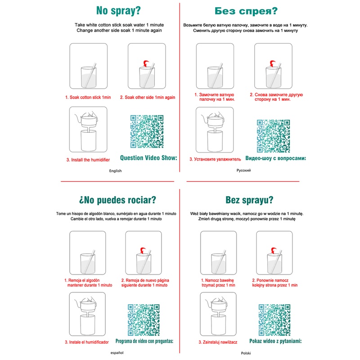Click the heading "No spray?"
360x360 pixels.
point(118,11)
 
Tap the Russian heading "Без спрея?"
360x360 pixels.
point(246,11)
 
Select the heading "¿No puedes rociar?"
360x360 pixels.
point(117,200)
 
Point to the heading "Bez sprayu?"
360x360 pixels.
point(249,200)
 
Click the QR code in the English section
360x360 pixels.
point(147,131)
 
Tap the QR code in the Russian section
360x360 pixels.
point(273,136)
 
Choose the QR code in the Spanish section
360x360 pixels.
point(144,320)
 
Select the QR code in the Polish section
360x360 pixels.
point(274,320)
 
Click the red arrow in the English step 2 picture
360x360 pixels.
point(146,63)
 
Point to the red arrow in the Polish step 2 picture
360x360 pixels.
point(274,250)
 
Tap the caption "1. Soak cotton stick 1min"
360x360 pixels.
point(88,97)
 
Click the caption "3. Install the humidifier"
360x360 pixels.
point(88,160)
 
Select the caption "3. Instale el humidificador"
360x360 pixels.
point(86,342)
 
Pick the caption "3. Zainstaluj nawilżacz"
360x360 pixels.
point(218,342)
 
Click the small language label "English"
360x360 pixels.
point(115,171)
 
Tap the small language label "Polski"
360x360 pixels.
point(246,353)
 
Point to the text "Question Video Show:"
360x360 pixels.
point(148,158)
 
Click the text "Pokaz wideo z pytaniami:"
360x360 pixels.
point(275,341)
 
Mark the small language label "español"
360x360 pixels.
point(117,353)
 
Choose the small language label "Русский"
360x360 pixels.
point(243,171)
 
